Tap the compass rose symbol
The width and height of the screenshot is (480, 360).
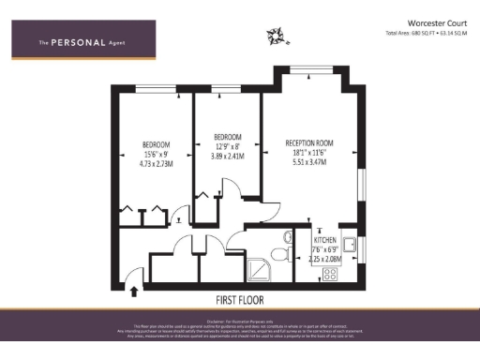tap(276, 36)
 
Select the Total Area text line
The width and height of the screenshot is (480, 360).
tap(427, 33)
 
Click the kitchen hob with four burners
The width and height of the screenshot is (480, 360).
tap(330, 274)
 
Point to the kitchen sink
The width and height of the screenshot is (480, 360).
tap(348, 246)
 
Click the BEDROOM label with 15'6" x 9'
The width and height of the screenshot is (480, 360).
tap(156, 144)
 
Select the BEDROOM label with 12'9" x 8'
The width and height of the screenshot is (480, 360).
tap(228, 135)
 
